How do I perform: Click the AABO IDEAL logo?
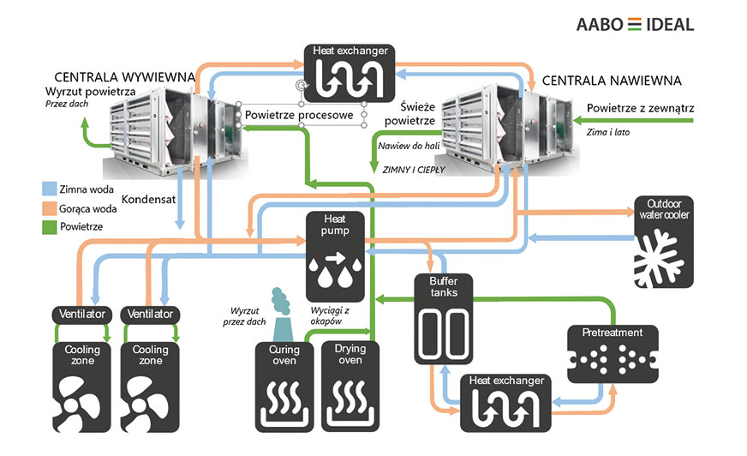pos(635,24)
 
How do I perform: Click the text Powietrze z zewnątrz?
pos(639,108)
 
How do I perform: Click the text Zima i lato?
pos(609,132)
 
